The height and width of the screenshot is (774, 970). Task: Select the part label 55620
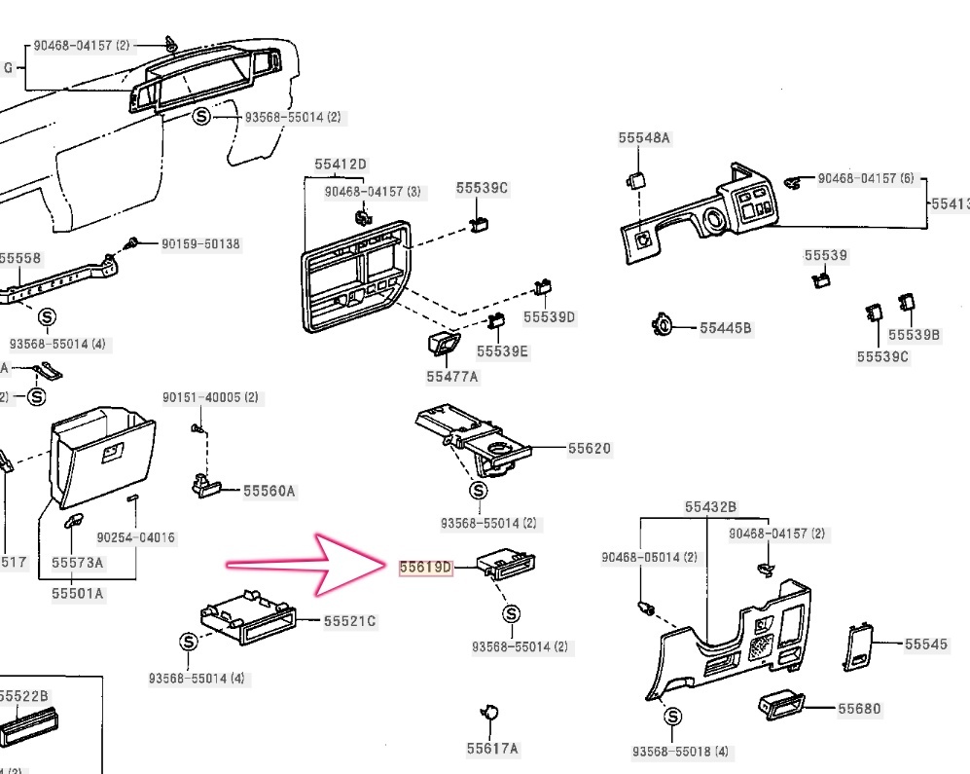coord(590,449)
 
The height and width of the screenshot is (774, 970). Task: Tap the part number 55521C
coord(349,621)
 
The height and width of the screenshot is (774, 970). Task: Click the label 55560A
coord(269,492)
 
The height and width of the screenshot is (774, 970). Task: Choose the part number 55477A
coord(452,376)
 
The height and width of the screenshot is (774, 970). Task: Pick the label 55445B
coord(726,328)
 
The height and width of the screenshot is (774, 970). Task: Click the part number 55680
coord(859,709)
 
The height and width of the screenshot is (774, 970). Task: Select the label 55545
coord(926,644)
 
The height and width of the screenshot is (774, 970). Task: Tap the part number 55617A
coord(492,748)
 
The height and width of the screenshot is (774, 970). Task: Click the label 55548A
coord(644,138)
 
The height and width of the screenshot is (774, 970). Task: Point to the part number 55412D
coord(341,165)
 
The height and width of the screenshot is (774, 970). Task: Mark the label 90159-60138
coord(200,243)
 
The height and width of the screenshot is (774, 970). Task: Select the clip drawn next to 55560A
coord(206,484)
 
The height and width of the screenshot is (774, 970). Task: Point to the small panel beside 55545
coord(859,647)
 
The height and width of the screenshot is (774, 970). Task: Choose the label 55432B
coord(710,507)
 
